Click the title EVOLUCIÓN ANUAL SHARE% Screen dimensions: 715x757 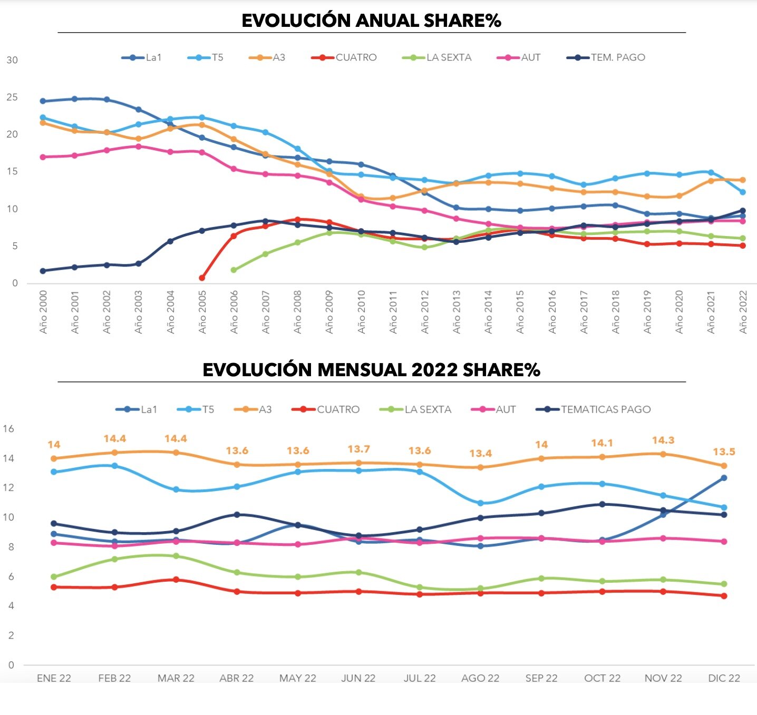click(371, 21)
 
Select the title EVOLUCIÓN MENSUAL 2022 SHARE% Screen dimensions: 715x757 click(371, 370)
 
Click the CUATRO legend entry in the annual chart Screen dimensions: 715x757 click(345, 57)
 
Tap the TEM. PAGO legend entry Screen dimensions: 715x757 click(606, 57)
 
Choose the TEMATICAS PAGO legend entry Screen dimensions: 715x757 click(594, 409)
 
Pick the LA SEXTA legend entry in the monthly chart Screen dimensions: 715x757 click(416, 409)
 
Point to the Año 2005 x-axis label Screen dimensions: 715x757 click(202, 312)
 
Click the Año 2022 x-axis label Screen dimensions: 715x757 click(743, 312)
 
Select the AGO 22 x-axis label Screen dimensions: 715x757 click(480, 678)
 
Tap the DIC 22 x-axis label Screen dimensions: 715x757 click(724, 678)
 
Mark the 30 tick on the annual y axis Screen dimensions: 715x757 click(12, 60)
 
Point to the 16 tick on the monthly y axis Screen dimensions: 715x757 click(9, 429)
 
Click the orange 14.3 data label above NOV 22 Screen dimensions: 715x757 click(663, 440)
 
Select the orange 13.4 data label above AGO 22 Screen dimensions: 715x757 click(480, 454)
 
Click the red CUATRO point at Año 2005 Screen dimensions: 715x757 click(202, 278)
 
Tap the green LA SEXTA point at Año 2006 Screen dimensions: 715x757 click(234, 270)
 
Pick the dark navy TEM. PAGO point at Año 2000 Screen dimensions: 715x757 click(43, 271)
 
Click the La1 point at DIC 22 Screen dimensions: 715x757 click(724, 478)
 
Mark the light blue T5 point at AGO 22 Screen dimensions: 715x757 click(480, 503)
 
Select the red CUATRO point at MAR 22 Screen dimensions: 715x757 click(176, 580)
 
